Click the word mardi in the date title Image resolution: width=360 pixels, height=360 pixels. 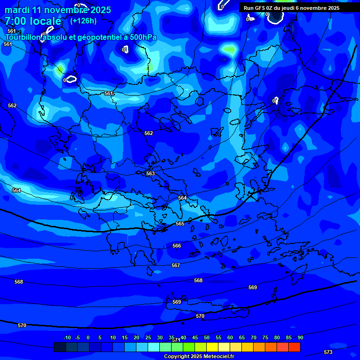pyautogui.click(x=17, y=10)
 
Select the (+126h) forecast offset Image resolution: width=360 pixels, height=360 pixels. pyautogui.click(x=83, y=21)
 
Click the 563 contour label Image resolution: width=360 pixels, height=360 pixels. pyautogui.click(x=150, y=173)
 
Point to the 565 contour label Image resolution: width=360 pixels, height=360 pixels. pyautogui.click(x=180, y=224)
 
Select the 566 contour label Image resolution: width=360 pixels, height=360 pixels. pyautogui.click(x=177, y=246)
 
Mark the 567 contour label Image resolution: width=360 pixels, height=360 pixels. pyautogui.click(x=176, y=265)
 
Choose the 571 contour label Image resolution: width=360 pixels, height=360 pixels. pyautogui.click(x=176, y=340)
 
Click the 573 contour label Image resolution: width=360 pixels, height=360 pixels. pyautogui.click(x=328, y=352)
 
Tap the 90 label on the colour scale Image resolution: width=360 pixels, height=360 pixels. pyautogui.click(x=300, y=337)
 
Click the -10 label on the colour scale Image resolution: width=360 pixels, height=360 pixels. pyautogui.click(x=67, y=337)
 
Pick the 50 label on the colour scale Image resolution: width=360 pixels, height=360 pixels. pyautogui.click(x=207, y=337)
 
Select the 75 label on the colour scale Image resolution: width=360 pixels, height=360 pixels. pyautogui.click(x=265, y=337)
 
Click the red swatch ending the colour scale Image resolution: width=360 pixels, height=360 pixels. pyautogui.click(x=294, y=347)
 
